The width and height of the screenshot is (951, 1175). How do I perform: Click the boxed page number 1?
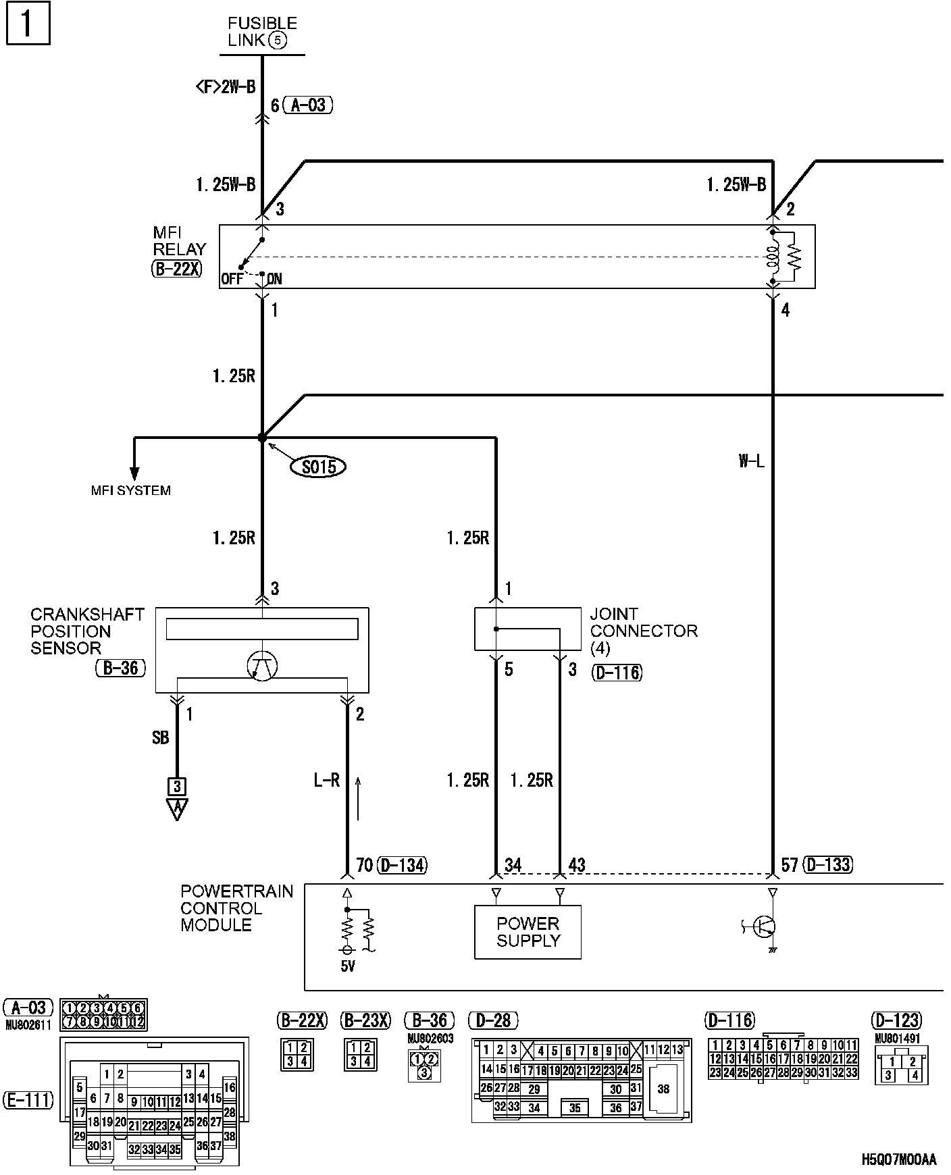(28, 24)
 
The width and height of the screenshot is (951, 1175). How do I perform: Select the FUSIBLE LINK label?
(262, 32)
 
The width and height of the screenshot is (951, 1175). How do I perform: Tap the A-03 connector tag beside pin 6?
(308, 105)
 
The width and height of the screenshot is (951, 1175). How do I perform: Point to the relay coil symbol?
(773, 256)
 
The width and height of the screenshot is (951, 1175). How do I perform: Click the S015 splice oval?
(317, 466)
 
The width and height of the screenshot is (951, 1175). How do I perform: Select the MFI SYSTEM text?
(131, 491)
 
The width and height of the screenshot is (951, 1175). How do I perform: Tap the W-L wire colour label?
(751, 462)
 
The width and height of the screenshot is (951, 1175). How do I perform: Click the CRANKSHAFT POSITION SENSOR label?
(87, 631)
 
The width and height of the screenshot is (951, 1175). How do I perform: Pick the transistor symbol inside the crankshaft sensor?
(262, 666)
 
